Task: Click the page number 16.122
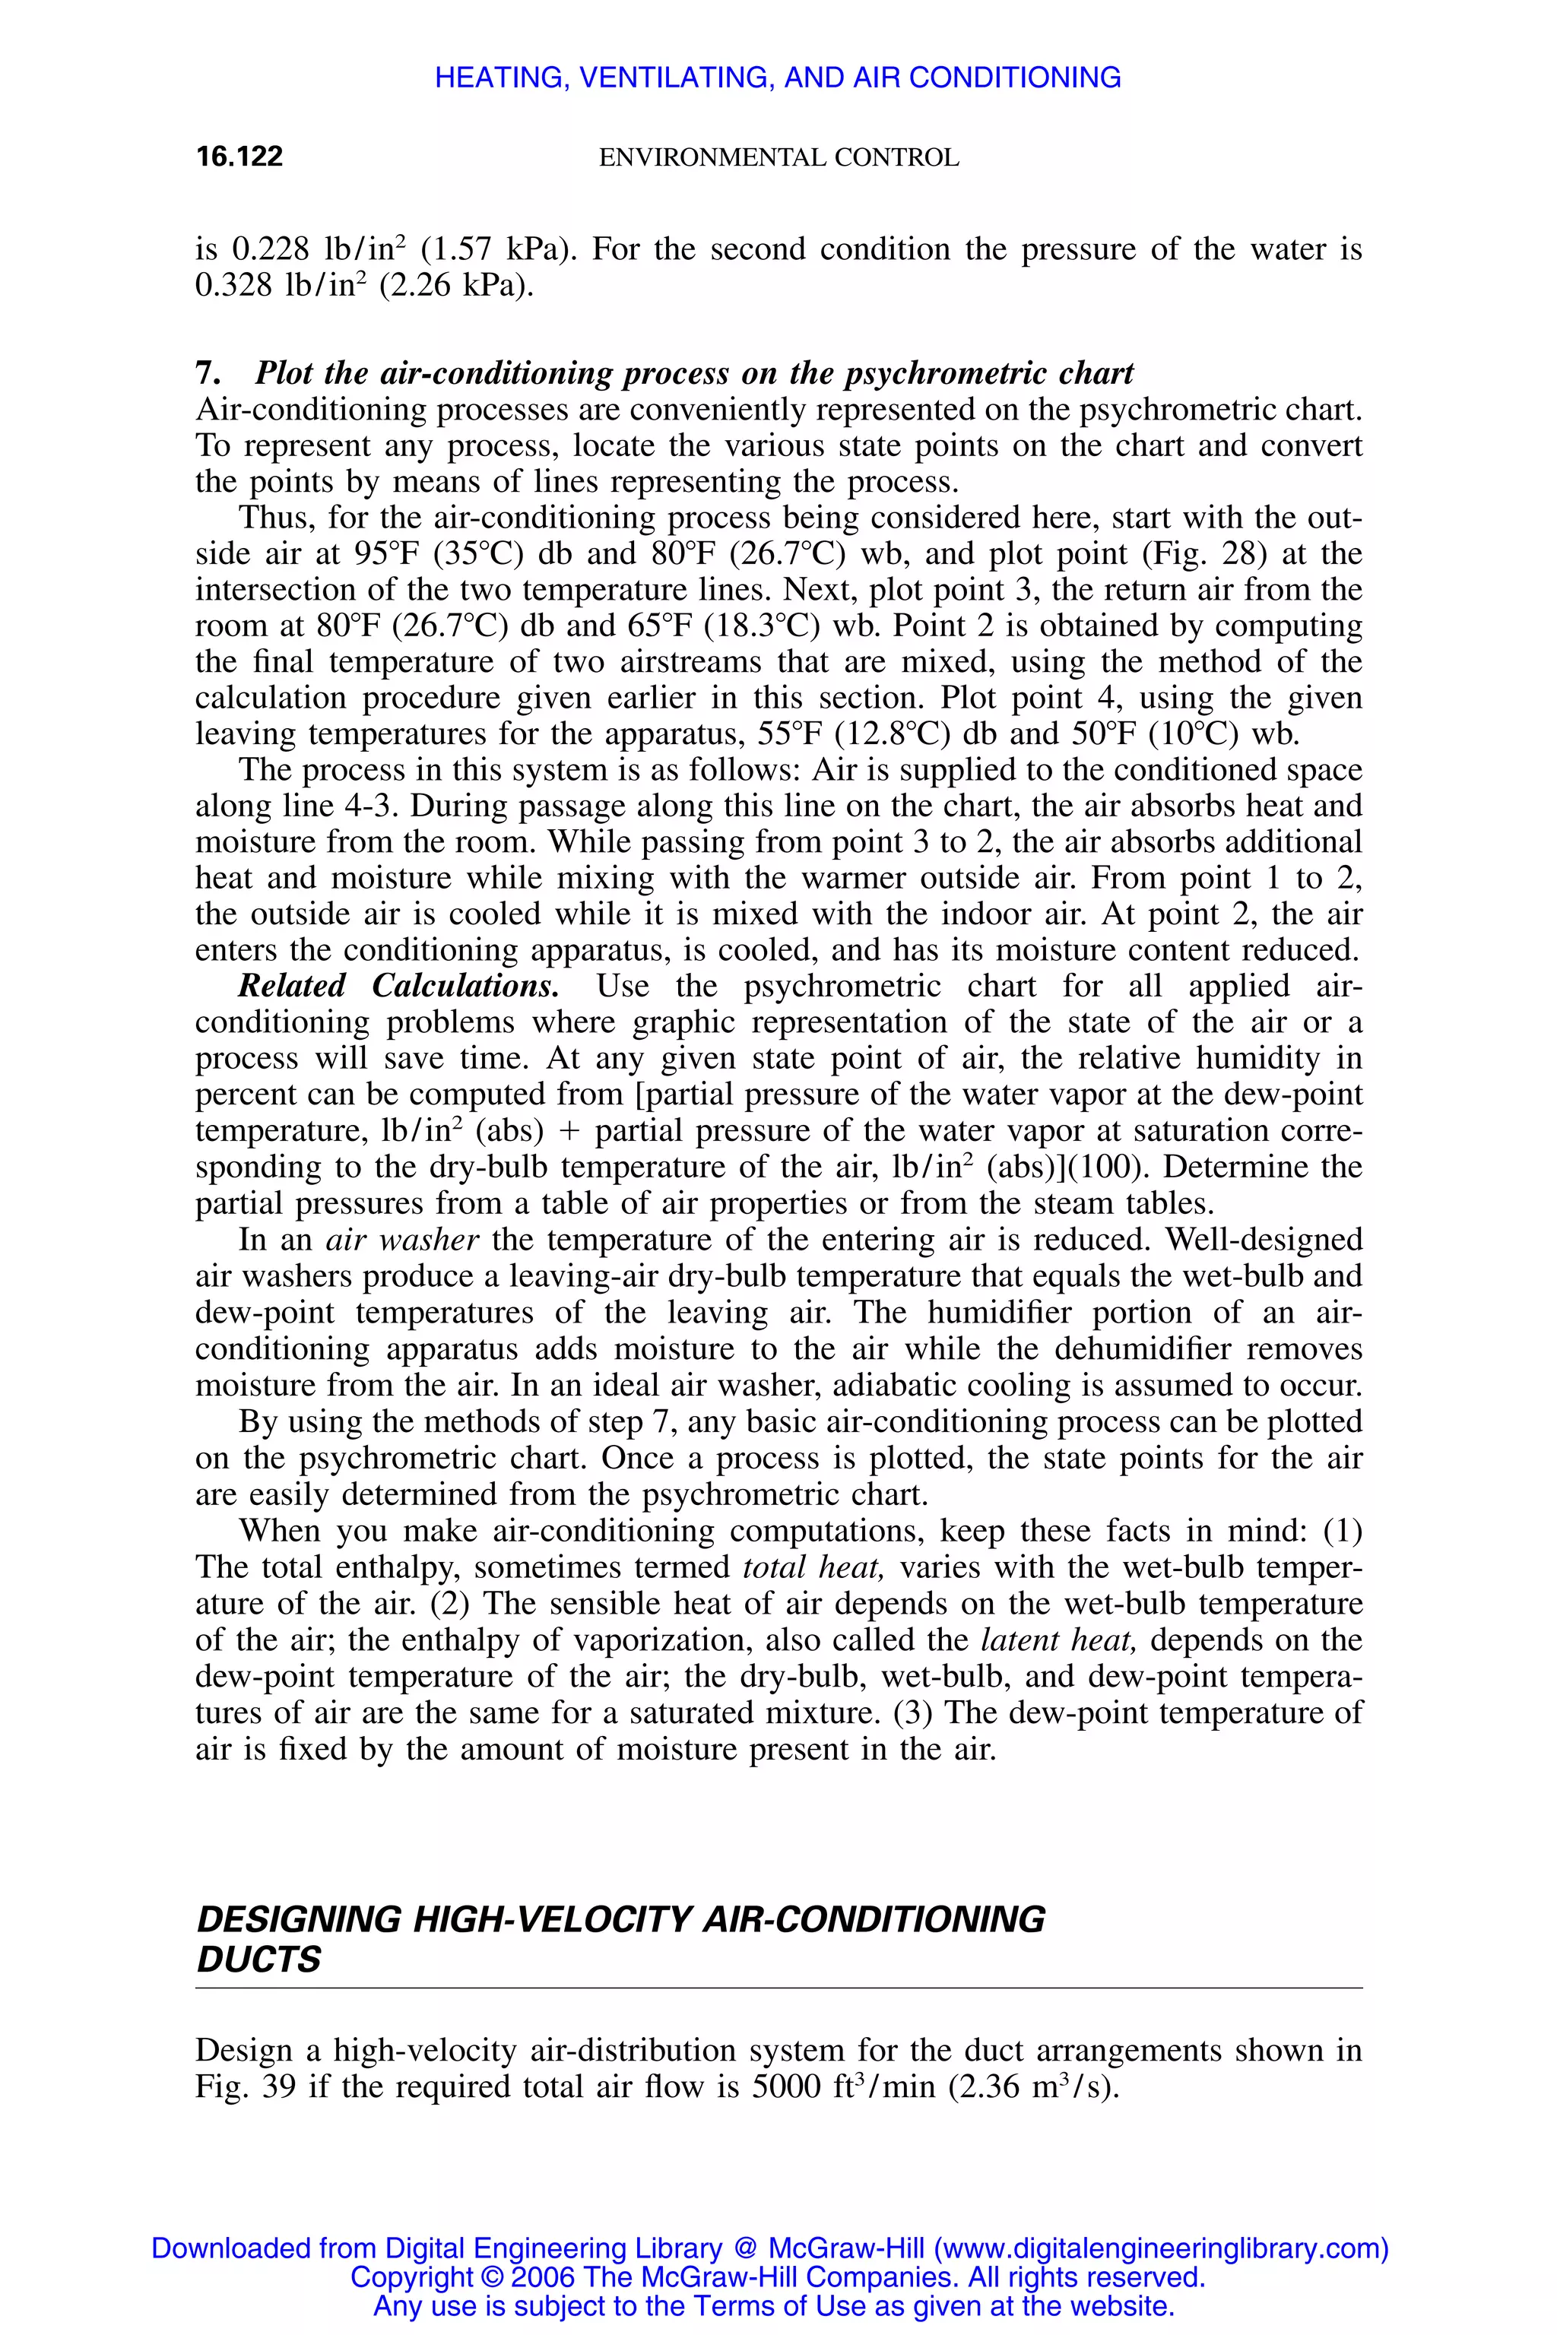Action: pos(239,156)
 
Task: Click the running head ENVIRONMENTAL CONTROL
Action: pos(778,158)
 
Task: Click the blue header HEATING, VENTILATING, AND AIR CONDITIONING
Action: pos(778,78)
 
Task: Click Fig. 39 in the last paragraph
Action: pos(246,2086)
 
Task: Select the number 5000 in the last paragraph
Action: pos(788,2086)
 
